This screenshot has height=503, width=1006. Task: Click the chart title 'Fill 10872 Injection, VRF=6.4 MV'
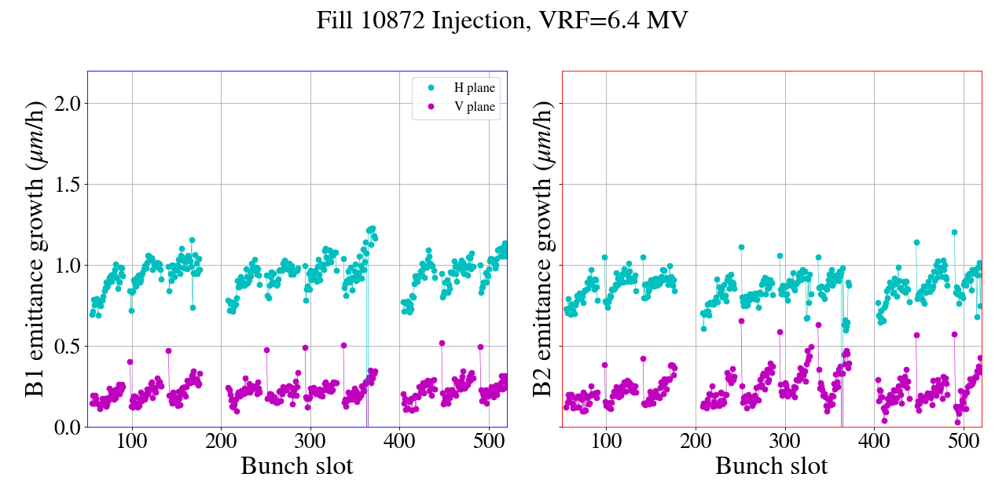[502, 20]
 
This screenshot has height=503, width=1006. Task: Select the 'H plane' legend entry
[475, 88]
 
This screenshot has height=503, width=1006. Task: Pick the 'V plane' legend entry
[475, 107]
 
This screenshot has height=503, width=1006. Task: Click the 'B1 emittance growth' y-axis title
[35, 248]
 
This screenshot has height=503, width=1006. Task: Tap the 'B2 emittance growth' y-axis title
[543, 248]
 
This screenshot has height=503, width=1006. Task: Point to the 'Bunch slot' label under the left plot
[297, 466]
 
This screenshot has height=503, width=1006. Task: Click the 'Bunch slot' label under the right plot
[772, 466]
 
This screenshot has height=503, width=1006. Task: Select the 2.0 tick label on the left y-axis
[65, 103]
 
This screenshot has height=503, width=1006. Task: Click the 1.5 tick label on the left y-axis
[65, 184]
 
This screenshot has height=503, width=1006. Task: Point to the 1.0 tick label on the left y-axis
[65, 265]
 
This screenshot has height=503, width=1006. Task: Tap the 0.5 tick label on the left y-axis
[65, 346]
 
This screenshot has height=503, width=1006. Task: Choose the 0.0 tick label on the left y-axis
[65, 427]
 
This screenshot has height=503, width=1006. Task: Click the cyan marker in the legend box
[429, 88]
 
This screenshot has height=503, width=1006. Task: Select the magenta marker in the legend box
[429, 107]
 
